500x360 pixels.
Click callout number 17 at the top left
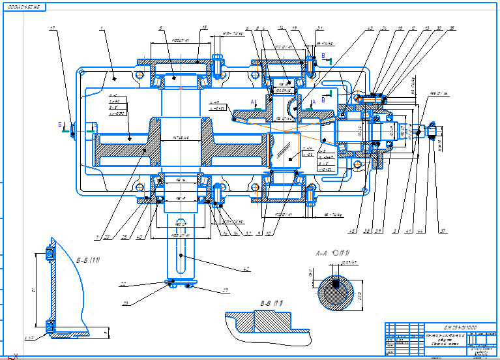click(x=53, y=28)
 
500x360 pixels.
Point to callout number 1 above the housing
click(x=102, y=28)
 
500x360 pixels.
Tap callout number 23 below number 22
click(x=125, y=301)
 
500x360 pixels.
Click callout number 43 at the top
click(x=370, y=28)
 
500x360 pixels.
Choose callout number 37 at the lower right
click(x=443, y=230)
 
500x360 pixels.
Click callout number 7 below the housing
click(x=96, y=237)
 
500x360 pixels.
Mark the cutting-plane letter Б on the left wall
click(x=60, y=123)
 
